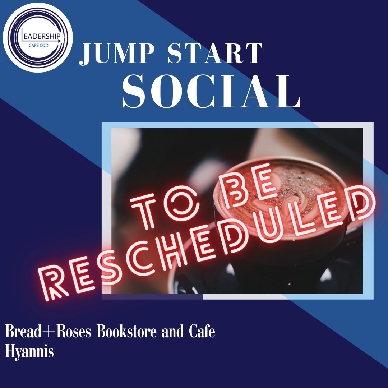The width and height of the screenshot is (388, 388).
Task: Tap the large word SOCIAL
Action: point(211,92)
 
